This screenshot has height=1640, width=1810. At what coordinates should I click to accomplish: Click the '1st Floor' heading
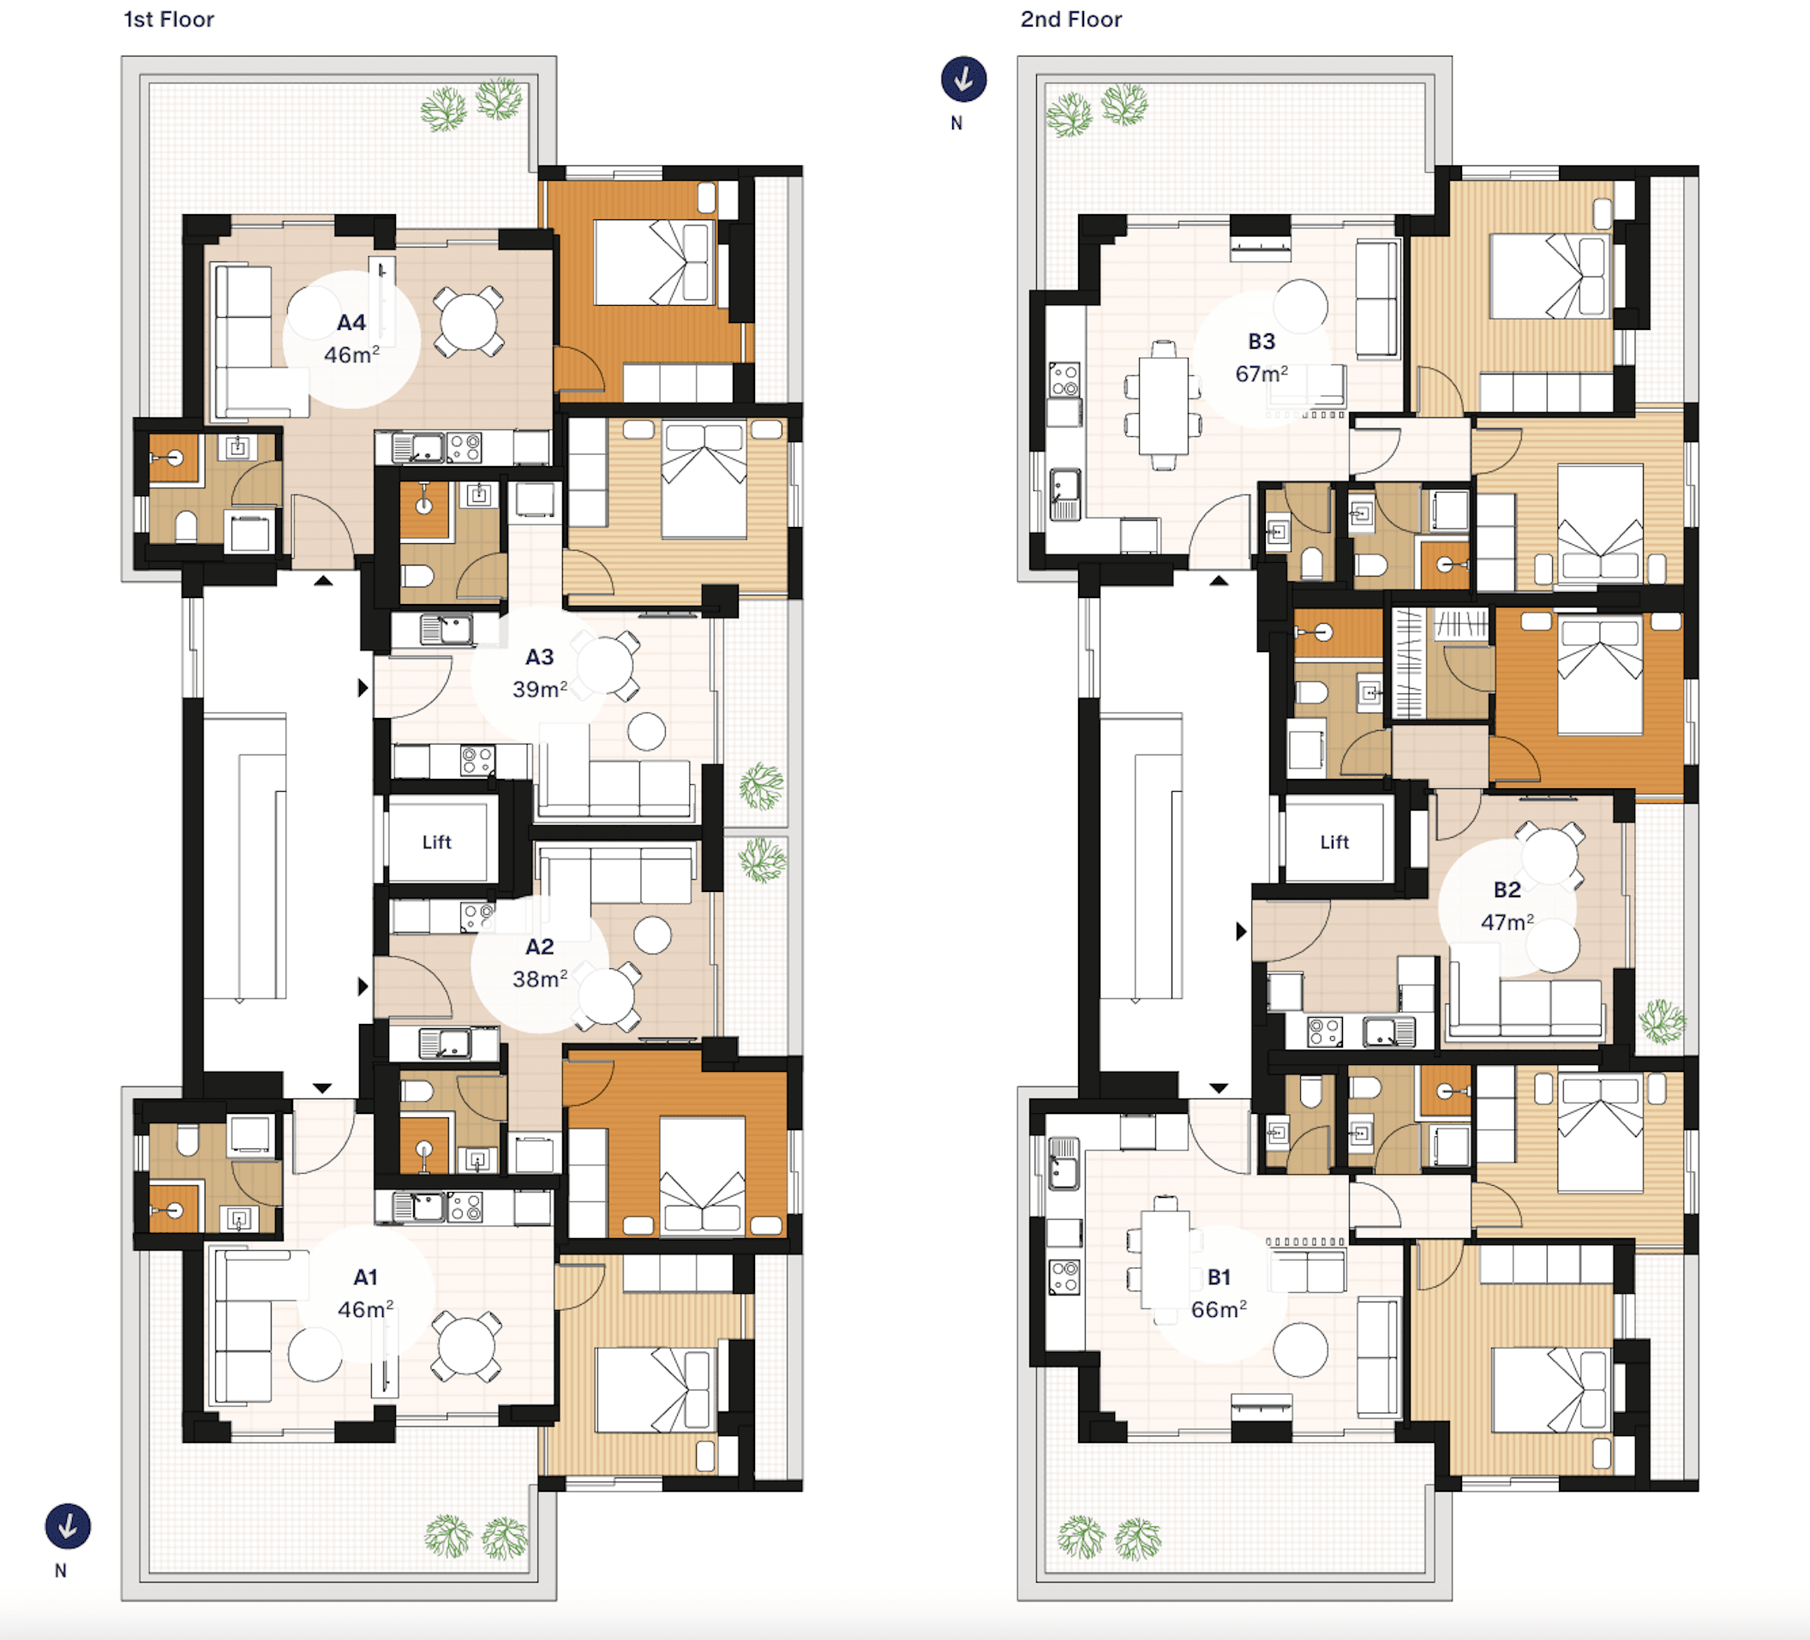(169, 20)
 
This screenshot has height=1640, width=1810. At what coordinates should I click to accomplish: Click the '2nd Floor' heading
(1071, 20)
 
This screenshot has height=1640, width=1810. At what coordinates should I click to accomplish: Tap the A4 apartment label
(351, 323)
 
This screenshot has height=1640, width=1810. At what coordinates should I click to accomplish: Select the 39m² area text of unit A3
(540, 690)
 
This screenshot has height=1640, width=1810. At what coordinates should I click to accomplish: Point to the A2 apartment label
(540, 947)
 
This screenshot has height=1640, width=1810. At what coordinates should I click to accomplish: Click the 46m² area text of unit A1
(365, 1309)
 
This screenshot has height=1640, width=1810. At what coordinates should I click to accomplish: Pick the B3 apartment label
(1262, 342)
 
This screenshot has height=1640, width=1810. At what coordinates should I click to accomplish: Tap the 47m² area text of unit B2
(1507, 923)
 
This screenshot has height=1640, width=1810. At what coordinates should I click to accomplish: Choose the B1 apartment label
(1220, 1278)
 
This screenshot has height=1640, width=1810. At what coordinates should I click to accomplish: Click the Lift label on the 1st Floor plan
(437, 842)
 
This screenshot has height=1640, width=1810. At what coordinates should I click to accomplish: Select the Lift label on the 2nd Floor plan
(1335, 842)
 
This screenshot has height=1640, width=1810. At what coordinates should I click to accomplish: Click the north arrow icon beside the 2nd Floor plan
(963, 79)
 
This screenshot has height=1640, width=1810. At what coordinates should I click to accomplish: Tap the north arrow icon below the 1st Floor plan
(69, 1527)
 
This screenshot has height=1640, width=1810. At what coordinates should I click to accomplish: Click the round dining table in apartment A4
(469, 321)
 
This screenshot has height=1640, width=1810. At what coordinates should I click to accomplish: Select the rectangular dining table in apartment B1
(1166, 1259)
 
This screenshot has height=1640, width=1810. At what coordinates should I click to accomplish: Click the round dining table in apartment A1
(466, 1346)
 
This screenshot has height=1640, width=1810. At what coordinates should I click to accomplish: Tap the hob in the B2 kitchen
(1324, 1032)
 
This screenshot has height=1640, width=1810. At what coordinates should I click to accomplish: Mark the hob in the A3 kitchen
(476, 761)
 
